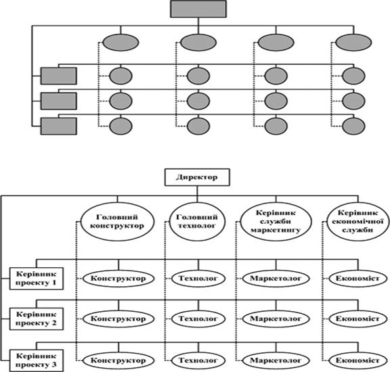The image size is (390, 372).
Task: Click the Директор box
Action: coord(197,177)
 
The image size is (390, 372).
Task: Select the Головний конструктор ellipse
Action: coord(117,221)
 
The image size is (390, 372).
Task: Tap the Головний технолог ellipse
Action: coord(197,221)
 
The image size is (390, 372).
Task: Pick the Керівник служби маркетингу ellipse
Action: coord(276,221)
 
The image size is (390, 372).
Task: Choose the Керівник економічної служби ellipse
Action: coord(357,221)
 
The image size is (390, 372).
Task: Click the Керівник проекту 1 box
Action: coord(37,279)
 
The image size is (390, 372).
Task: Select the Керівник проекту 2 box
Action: coord(37,319)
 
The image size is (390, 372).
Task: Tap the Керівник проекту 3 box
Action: coord(37,361)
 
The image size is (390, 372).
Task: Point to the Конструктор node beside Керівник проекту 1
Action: coord(118,279)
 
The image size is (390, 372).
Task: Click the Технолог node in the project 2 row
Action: coord(198,319)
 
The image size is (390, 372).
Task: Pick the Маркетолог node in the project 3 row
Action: coord(276,361)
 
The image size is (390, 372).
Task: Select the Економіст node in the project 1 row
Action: coord(358,279)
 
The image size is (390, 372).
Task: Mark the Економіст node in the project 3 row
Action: coord(358,361)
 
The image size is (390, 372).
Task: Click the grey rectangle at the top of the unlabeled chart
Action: coord(198,9)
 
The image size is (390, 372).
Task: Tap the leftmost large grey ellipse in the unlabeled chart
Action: coord(121,43)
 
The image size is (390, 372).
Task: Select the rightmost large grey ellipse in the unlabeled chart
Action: coord(353,43)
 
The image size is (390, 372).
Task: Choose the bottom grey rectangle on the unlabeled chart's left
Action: coord(59,126)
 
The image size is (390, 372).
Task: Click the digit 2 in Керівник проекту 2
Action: coord(53,323)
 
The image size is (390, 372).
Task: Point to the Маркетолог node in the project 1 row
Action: coord(276,279)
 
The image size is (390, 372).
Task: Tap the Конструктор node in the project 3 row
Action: coord(118,361)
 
